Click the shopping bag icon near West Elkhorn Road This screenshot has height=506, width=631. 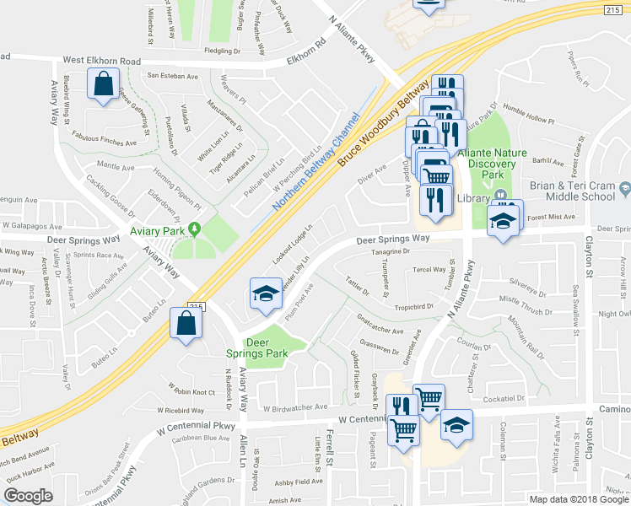coord(103,84)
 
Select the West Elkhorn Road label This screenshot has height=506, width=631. coord(102,61)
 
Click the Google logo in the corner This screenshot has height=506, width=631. coord(28,496)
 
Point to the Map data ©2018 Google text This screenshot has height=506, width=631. coord(579,499)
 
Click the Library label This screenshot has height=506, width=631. coord(475,198)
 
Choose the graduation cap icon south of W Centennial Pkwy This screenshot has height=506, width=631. coord(456,423)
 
